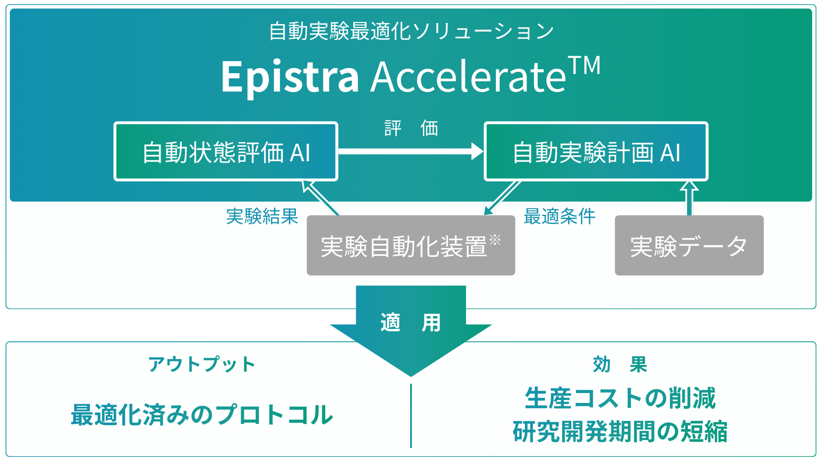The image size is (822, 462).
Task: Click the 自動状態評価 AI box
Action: pos(226,152)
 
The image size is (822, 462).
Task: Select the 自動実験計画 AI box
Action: pos(596,152)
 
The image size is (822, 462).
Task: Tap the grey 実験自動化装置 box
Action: pos(410,246)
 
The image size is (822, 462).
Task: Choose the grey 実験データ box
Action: pos(689,246)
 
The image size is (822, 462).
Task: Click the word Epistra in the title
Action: pos(290,77)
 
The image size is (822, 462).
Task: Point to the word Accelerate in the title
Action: pos(468,77)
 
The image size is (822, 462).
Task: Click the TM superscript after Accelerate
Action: pos(585,66)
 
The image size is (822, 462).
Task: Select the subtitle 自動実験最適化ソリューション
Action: pos(411,31)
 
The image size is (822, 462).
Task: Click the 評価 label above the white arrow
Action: pos(411,128)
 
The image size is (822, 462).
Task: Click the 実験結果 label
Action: pos(262,216)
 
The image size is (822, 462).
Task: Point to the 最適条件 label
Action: pos(560,216)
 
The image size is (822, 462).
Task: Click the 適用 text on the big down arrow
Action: pos(410,323)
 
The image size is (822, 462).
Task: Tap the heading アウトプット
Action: pos(202,364)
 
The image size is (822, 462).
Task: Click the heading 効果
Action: pos(620,364)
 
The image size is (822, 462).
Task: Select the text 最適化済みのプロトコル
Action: pos(202,415)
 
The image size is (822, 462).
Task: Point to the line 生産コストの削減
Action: pos(620,398)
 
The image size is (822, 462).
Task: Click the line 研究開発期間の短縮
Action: pos(620,431)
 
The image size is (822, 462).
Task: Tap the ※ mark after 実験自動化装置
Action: pos(495,240)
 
